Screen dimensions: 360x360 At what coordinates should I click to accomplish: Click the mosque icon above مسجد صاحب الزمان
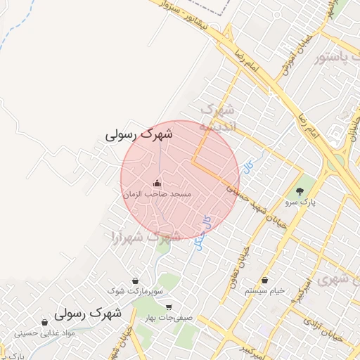coord(156,184)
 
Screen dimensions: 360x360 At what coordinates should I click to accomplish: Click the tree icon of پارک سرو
coord(301,191)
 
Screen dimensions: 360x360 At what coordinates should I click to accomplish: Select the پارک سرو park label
coord(301,202)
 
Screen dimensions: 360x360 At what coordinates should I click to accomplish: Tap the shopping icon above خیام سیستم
coord(264,281)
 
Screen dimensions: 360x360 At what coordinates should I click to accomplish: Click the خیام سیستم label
coord(264,291)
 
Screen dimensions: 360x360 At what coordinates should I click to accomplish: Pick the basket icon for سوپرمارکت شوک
coord(134,281)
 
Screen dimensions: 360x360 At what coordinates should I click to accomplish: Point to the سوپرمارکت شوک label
coord(135,291)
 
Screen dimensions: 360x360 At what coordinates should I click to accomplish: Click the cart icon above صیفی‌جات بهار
coord(169,307)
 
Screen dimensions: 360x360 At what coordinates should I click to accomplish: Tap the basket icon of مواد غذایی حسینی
coord(45,323)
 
